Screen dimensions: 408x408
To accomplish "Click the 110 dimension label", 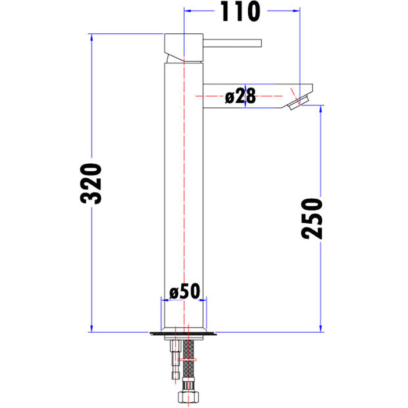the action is pyautogui.click(x=240, y=12).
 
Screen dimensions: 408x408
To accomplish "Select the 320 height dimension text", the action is pyautogui.click(x=91, y=184).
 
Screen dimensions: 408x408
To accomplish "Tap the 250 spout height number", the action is pyautogui.click(x=312, y=219).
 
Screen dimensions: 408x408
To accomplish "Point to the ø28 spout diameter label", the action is pyautogui.click(x=240, y=96).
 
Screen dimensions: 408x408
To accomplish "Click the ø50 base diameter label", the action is pyautogui.click(x=185, y=291).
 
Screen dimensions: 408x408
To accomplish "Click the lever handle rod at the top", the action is pyautogui.click(x=232, y=43).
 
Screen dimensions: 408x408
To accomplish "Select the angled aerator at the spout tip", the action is pyautogui.click(x=298, y=103).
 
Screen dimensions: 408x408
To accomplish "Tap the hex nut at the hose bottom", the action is pyautogui.click(x=189, y=397).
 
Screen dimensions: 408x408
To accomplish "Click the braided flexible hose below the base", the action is pyautogui.click(x=189, y=360).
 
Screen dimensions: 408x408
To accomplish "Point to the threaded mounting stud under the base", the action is pyautogui.click(x=175, y=360).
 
